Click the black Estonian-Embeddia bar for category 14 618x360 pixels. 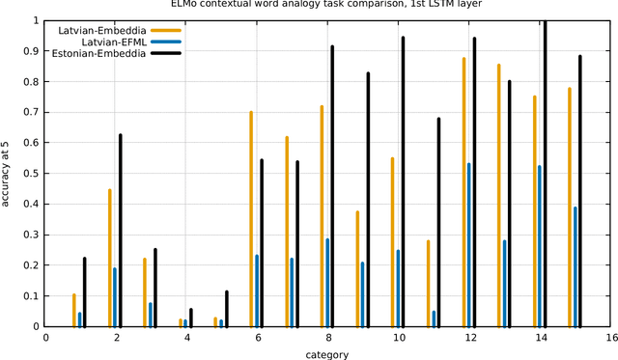coord(545,174)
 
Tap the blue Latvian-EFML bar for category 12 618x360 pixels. coord(469,245)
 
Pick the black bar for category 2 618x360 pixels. coord(120,231)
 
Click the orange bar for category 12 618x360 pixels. coord(463,192)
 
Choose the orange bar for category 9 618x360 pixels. coord(357,269)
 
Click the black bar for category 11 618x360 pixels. coord(438,222)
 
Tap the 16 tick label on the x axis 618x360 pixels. coord(611,338)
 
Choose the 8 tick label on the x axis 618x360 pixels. coord(328,338)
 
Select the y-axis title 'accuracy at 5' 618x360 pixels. coord(8,174)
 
